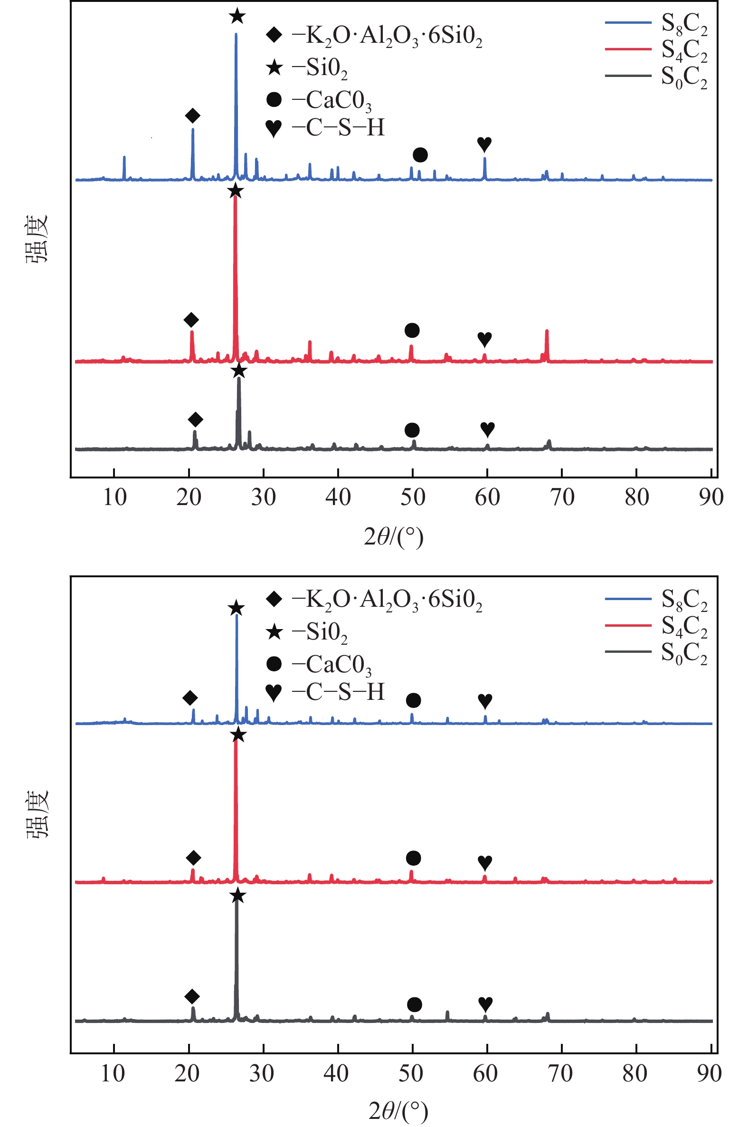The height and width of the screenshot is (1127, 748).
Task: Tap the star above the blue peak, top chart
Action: click(237, 16)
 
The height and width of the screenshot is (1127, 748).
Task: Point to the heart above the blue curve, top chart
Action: click(484, 143)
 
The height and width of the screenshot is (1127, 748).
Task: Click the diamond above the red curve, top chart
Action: click(191, 320)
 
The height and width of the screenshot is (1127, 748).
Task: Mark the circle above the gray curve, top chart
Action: click(412, 430)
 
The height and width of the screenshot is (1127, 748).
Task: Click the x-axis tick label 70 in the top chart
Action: click(562, 497)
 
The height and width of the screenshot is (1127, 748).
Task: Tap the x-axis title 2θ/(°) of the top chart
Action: click(394, 537)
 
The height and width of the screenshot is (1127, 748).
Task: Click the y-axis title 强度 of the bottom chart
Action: click(37, 813)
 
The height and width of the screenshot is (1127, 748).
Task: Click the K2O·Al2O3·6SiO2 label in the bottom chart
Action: click(387, 599)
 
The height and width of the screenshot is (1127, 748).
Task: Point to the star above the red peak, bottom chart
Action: click(237, 735)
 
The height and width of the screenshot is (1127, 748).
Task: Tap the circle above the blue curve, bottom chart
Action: click(413, 700)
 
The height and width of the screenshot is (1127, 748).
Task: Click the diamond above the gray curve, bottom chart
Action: click(192, 996)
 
